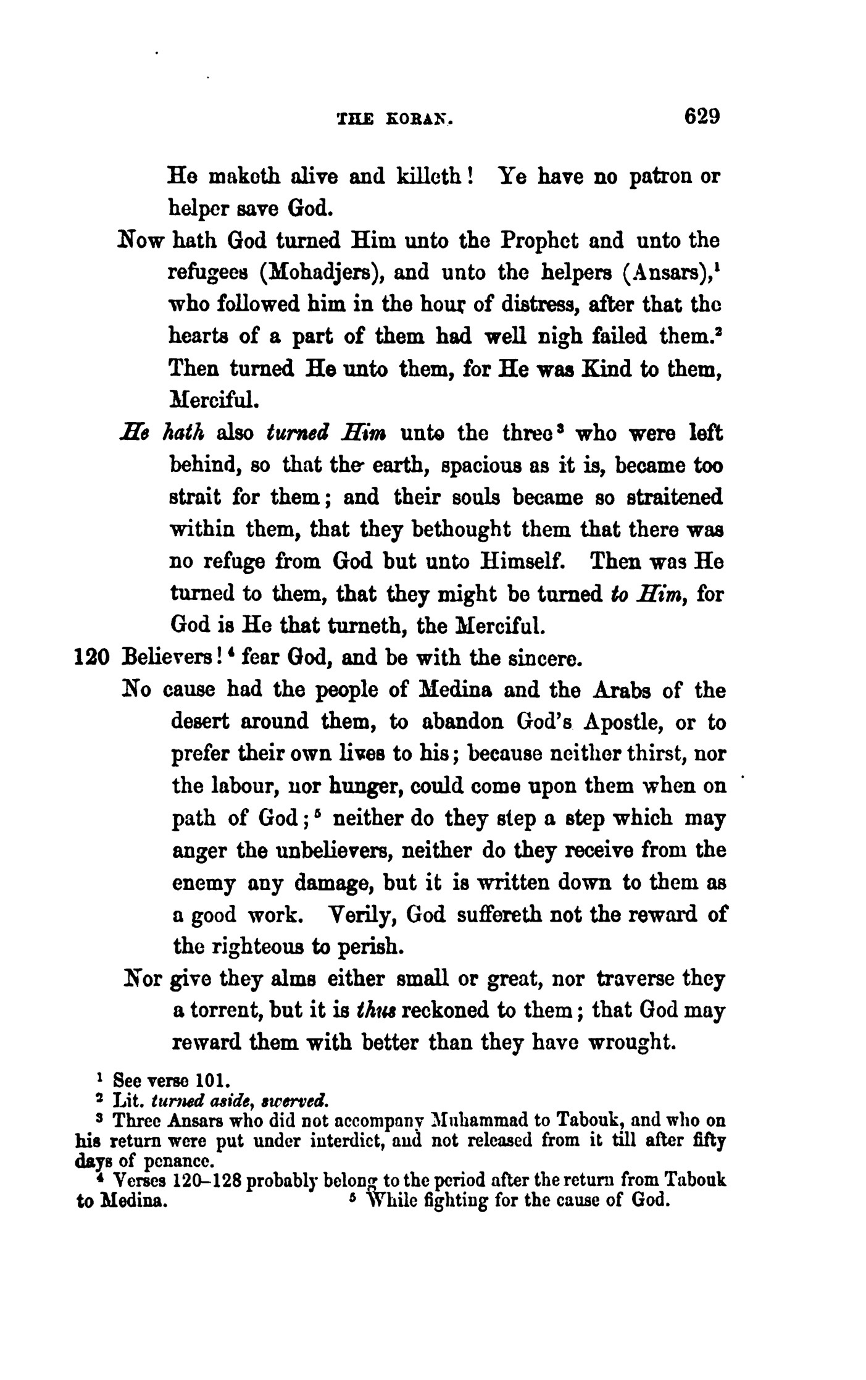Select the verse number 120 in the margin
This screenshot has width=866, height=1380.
(92, 658)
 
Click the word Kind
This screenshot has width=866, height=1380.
(608, 369)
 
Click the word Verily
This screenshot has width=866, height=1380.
(359, 915)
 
